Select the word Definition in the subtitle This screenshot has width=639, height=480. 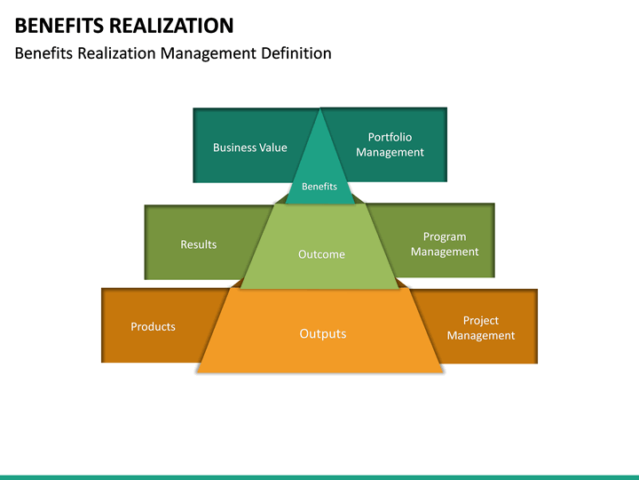(x=296, y=53)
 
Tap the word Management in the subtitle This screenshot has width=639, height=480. (x=208, y=53)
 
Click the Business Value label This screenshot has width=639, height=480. (x=249, y=148)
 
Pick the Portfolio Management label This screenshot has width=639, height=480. (x=390, y=145)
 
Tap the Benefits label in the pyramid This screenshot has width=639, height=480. (x=319, y=187)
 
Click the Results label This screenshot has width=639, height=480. (x=198, y=244)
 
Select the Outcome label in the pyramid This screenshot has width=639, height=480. (x=320, y=254)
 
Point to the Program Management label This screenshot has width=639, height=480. (x=444, y=244)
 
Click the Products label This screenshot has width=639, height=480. (x=153, y=327)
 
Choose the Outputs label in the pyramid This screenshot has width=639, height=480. (x=322, y=334)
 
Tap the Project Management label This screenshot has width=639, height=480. (x=480, y=328)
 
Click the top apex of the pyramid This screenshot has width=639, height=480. (x=319, y=109)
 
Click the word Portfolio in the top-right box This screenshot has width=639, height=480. (x=390, y=138)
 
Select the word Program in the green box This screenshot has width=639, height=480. (x=444, y=237)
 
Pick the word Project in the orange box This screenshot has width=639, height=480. (x=480, y=321)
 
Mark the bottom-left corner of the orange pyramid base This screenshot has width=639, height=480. (x=197, y=372)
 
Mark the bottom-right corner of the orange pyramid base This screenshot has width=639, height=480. (x=442, y=372)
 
